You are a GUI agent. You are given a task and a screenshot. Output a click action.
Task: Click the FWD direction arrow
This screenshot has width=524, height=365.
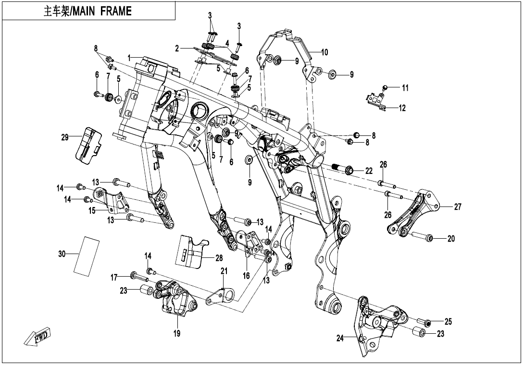pos(37,337)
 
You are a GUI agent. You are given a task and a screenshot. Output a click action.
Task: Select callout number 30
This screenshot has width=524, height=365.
pos(62,254)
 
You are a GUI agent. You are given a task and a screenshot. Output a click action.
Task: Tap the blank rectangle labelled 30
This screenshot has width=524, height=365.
pos(87,255)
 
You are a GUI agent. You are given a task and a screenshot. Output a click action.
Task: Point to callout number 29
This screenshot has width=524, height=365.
pos(65,138)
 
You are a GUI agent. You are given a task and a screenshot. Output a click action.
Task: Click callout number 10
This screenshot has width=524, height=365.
pos(324,52)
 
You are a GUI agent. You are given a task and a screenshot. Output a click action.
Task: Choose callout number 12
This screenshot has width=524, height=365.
pos(402,108)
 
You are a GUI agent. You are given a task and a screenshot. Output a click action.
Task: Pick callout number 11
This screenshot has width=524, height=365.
pos(405,88)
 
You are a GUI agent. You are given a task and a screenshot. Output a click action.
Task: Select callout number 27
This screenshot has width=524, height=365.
pos(457,207)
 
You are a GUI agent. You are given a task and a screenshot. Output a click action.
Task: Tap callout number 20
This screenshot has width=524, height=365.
pos(450,239)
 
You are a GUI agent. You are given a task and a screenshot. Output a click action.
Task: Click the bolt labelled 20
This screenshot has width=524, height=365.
pos(423,237)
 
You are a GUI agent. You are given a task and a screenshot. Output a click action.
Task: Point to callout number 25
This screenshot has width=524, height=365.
pos(448,321)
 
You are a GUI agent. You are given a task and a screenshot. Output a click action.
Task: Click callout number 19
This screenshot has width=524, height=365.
pos(177,333)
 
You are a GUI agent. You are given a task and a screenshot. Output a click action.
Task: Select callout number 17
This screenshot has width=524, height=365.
pos(114,277)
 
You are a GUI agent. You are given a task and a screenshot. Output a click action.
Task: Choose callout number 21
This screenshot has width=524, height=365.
pos(224,271)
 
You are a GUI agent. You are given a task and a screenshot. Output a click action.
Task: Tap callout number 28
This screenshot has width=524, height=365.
pos(219,258)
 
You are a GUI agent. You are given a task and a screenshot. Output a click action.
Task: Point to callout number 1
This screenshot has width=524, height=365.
pos(129,58)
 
